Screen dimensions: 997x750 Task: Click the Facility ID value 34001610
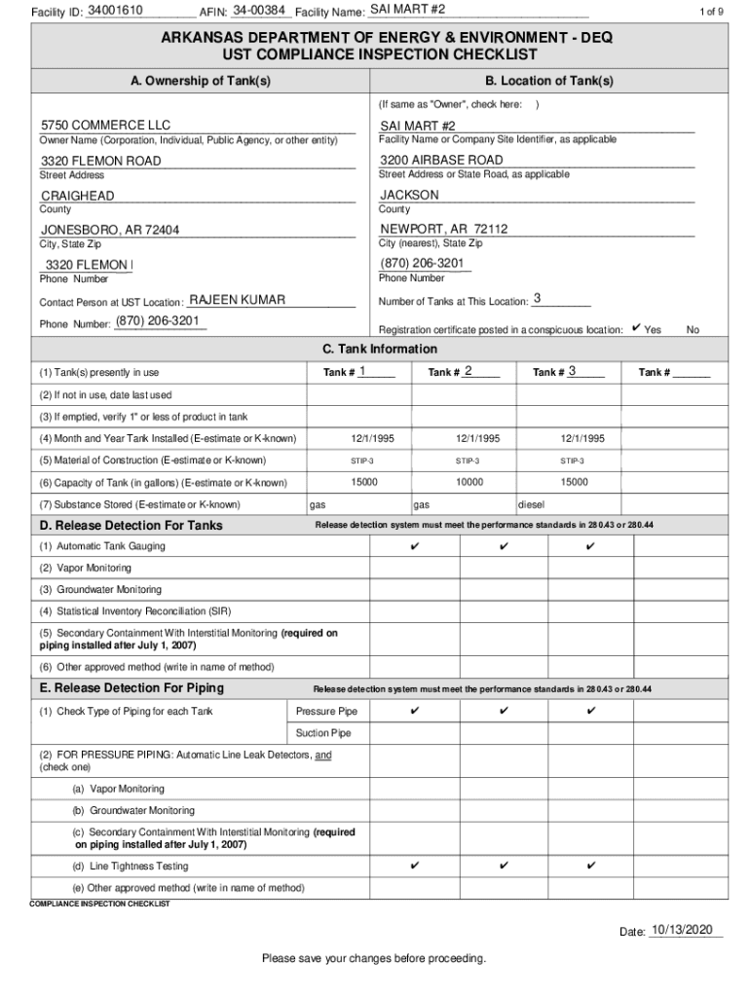pos(115,10)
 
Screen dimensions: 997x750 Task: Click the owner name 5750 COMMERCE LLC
pos(105,126)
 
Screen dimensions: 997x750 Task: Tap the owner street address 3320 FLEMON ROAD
pos(101,161)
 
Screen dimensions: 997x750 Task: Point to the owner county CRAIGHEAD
pos(78,196)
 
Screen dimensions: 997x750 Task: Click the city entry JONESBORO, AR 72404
pos(110,231)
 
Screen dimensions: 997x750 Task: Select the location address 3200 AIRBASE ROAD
pos(441,160)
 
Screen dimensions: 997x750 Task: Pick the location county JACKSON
pos(409,195)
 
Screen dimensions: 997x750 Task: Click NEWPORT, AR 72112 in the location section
pos(444,230)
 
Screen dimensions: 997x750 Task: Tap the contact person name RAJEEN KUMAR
pos(237,300)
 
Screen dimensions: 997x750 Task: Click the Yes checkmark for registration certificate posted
pos(636,329)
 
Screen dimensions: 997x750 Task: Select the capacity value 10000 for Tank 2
pos(469,482)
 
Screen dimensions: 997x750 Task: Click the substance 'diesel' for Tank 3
pos(531,505)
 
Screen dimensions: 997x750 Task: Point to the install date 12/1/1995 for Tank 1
pos(364,439)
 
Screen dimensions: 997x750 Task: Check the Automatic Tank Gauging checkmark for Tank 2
pos(504,546)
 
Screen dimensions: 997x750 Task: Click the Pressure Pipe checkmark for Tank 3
pos(591,711)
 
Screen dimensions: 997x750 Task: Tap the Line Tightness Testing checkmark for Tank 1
pos(415,866)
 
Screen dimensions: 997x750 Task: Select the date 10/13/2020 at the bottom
pos(686,931)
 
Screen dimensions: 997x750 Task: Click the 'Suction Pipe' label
pos(323,733)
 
